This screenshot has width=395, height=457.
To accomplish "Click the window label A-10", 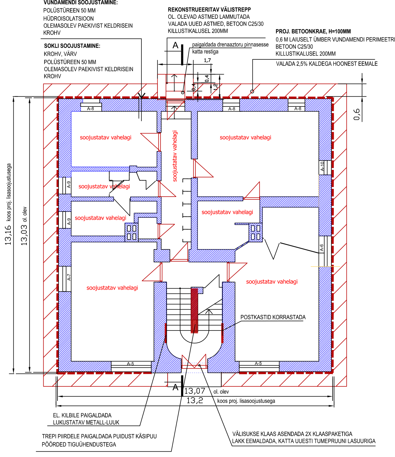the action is [x=322, y=166].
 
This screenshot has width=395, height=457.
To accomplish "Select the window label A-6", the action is [x=322, y=248].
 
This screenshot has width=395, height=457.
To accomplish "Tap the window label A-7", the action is [x=69, y=277].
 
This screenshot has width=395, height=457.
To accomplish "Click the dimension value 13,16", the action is [x=8, y=235].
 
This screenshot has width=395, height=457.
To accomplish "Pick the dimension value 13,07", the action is [x=195, y=391].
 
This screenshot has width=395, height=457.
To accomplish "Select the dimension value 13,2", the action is [x=195, y=401].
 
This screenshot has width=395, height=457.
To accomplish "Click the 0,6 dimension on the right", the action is [x=357, y=115].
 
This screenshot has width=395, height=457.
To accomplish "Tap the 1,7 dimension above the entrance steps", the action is [x=207, y=60].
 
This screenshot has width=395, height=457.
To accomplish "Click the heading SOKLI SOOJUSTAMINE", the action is [x=72, y=46].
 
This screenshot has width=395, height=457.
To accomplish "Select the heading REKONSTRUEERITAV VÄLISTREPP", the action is [x=209, y=10].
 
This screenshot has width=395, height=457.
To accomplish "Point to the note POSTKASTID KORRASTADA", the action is [x=273, y=317].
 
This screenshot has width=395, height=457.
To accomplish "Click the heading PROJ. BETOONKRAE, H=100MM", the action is [x=313, y=31].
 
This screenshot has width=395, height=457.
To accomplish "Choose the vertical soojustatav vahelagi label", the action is [x=175, y=156].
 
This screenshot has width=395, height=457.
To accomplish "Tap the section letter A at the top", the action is [x=175, y=45].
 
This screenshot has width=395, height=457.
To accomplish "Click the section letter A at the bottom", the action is [x=175, y=387].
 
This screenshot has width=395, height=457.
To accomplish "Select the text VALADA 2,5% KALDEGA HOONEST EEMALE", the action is [x=327, y=64].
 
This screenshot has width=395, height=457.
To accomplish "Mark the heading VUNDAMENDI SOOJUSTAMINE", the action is [x=80, y=3].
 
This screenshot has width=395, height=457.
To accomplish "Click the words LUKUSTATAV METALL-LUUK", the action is [x=86, y=422].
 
